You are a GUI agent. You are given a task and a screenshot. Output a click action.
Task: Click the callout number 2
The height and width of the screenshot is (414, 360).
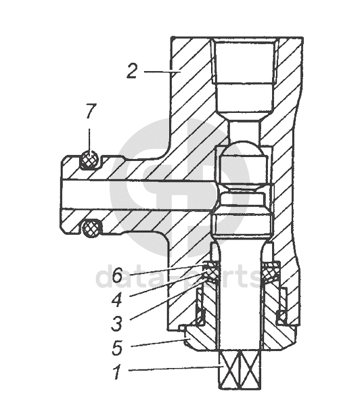tap(132, 71)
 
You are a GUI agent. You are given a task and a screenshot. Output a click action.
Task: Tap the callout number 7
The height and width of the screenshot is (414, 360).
tap(90, 111)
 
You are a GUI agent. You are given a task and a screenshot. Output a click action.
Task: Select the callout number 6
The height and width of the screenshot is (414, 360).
tap(117, 275)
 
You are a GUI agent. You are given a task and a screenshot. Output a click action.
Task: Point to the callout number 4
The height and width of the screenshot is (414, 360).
tap(117, 300)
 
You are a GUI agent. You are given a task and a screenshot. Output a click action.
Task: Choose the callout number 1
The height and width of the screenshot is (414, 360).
tap(116, 371)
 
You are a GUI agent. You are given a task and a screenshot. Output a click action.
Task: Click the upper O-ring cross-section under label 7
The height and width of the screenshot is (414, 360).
tap(90, 160)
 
